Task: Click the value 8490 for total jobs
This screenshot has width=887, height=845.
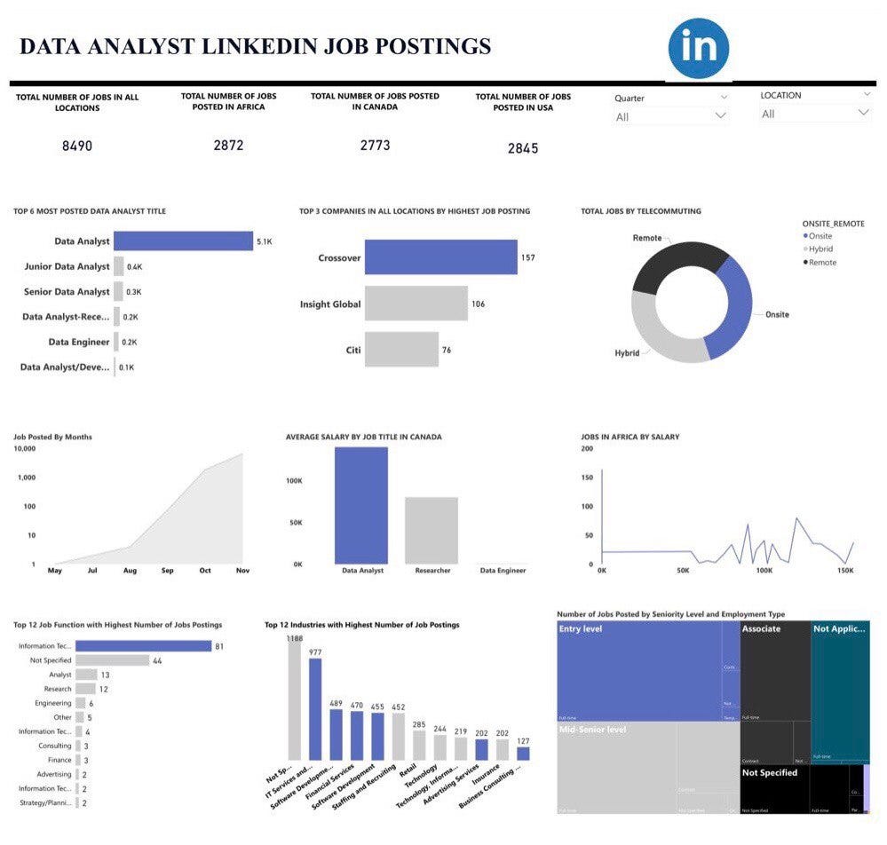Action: click(x=77, y=146)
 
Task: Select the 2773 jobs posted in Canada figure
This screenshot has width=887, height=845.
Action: click(x=375, y=145)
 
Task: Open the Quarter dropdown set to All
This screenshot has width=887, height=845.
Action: click(x=671, y=115)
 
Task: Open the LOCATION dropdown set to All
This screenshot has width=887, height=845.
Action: click(x=815, y=114)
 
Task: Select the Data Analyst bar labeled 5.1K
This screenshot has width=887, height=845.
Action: click(x=183, y=241)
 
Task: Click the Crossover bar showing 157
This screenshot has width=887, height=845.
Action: click(x=440, y=258)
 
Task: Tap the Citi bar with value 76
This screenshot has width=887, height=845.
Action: click(x=401, y=350)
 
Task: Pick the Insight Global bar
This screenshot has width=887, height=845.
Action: click(x=416, y=304)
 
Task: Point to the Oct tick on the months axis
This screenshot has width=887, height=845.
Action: click(x=205, y=571)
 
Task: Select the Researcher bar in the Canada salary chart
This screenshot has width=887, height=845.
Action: click(x=431, y=530)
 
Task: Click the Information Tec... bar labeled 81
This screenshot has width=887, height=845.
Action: click(x=143, y=646)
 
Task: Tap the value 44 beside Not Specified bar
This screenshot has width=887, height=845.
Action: click(x=156, y=660)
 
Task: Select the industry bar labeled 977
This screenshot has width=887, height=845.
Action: click(x=315, y=709)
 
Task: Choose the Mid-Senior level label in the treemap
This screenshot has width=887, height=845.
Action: click(x=592, y=730)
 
